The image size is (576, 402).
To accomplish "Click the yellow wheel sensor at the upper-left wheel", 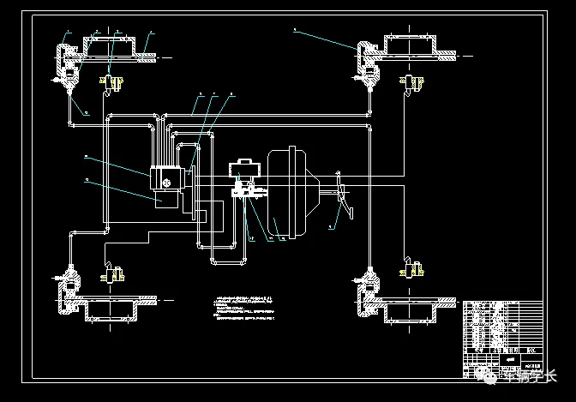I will [112, 83].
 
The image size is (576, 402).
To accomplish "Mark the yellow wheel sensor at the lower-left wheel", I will [111, 275].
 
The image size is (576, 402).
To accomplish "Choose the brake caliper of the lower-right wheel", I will [369, 292].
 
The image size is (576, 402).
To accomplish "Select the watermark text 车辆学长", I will [528, 375].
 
